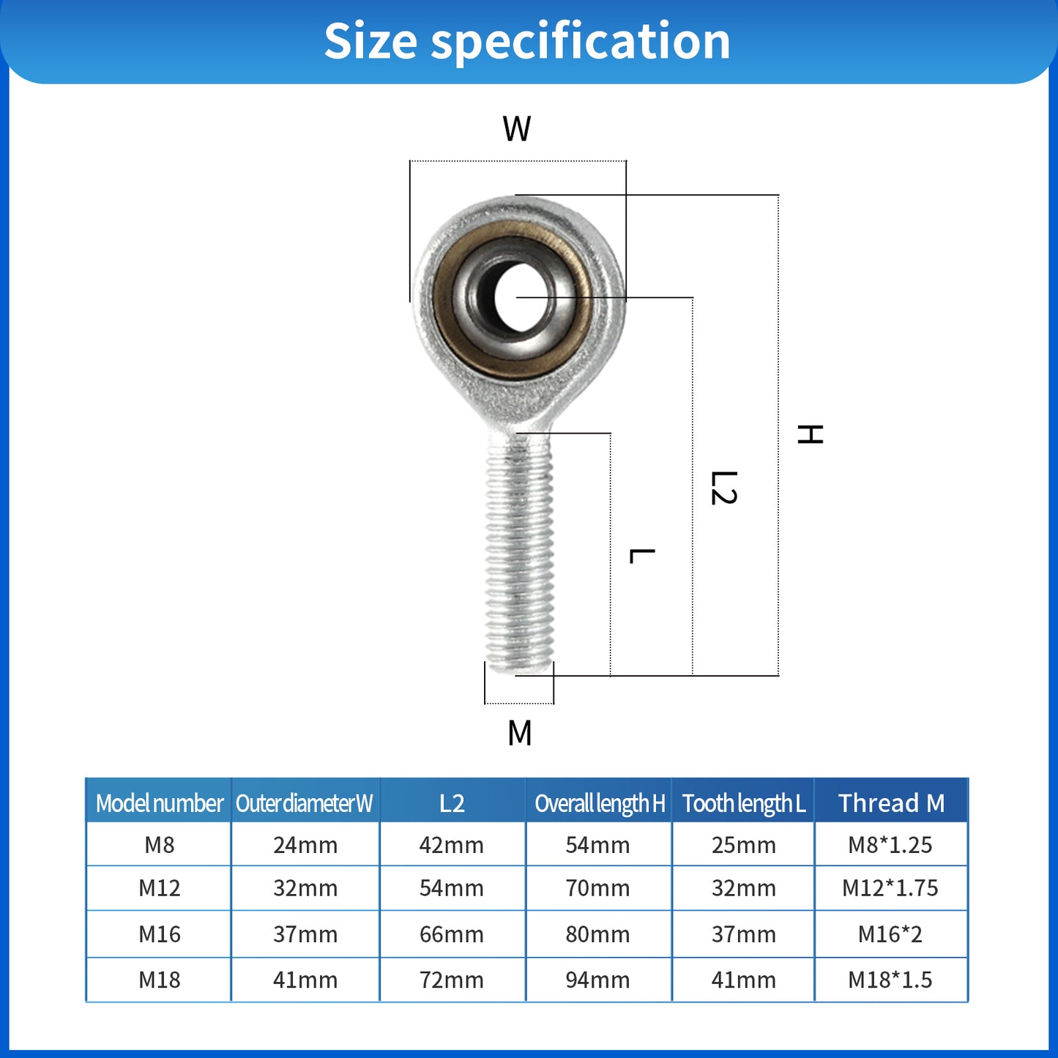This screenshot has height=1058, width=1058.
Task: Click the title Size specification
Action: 527,41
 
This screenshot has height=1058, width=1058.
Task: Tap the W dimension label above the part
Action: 516,130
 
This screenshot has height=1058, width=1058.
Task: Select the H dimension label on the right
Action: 810,434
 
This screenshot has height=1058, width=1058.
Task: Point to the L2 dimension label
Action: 723,488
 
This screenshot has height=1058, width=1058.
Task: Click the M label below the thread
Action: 520,733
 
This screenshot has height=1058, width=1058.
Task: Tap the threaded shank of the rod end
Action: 519,556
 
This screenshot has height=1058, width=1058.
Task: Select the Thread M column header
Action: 891,803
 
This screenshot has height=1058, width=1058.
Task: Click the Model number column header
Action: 159,803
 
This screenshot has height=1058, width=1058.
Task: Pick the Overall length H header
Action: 599,803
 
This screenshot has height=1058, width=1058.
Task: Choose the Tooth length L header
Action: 743,803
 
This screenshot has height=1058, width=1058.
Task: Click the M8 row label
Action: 159,845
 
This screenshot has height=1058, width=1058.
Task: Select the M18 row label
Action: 159,980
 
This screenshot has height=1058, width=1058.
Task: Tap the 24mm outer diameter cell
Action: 305,845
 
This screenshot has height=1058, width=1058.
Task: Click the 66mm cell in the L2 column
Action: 451,934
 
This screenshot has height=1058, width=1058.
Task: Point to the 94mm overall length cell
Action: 597,980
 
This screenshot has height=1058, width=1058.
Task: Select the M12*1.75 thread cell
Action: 890,888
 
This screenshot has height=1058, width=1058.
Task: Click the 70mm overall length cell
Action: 597,888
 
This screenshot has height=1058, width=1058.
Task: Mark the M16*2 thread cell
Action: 890,934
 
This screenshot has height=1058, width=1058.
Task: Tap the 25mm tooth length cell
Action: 743,845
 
